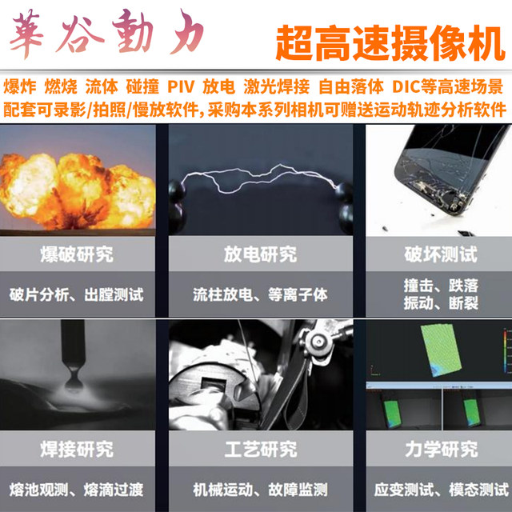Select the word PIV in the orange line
[x=182, y=86]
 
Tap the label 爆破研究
[x=76, y=255]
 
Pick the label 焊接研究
[x=76, y=446]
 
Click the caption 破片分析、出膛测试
[x=77, y=295]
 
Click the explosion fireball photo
[x=76, y=180]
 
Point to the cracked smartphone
[x=436, y=176]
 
